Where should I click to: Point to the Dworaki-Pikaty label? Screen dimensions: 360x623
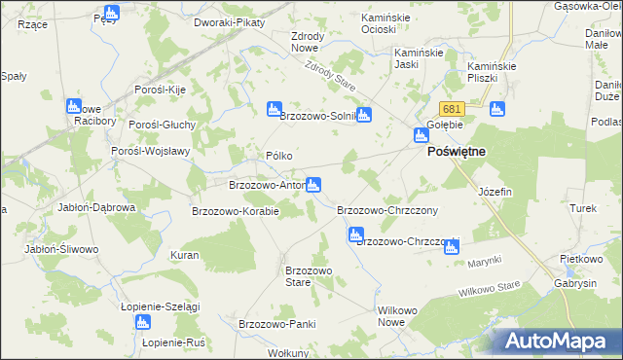(x=230, y=21)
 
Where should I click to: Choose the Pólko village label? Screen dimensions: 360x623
(x=279, y=156)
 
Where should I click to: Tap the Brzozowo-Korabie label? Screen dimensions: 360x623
(x=236, y=211)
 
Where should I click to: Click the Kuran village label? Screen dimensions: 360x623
(x=185, y=255)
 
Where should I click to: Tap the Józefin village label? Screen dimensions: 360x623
(x=495, y=192)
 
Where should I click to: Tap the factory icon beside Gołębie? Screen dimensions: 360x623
(x=421, y=135)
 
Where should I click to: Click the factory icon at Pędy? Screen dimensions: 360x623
(x=111, y=13)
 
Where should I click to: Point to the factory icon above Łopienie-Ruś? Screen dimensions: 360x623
(x=144, y=322)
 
